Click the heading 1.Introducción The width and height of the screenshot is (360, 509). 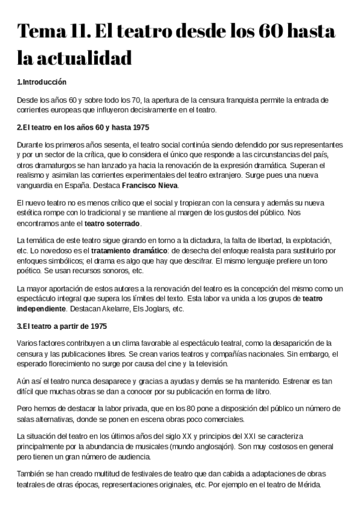(x=41, y=82)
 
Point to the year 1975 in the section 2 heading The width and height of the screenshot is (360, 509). (x=137, y=127)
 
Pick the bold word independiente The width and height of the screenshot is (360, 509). (x=41, y=309)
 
